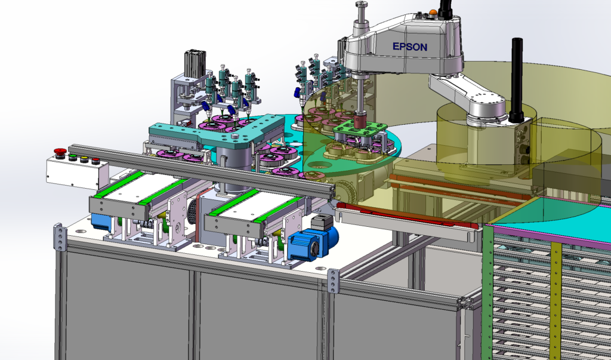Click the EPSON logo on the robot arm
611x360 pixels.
pyautogui.click(x=409, y=47)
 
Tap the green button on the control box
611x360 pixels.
pyautogui.click(x=72, y=158)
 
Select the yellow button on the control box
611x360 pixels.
pyautogui.click(x=84, y=159)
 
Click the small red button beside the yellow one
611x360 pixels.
pyautogui.click(x=95, y=161)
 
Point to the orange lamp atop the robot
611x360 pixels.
pyautogui.click(x=432, y=12)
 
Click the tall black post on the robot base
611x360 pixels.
pyautogui.click(x=517, y=79)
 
